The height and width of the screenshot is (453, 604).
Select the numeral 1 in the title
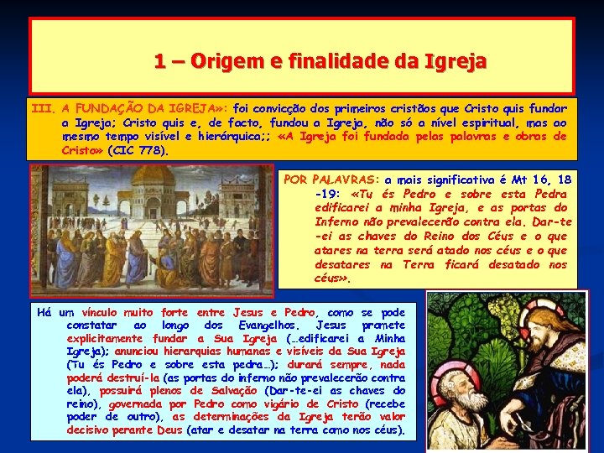(x=159, y=61)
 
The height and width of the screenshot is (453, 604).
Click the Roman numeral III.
(x=43, y=108)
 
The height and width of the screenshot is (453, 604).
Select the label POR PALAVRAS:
(x=332, y=180)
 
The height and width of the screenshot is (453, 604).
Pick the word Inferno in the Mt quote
(x=336, y=222)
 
